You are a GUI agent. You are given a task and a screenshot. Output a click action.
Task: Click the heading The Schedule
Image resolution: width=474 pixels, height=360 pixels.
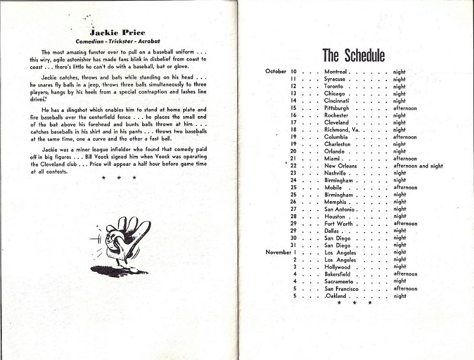354,56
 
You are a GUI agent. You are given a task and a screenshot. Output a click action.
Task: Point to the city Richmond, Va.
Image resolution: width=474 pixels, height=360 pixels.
344,129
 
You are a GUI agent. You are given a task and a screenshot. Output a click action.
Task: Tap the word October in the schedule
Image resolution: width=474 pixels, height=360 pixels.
276,71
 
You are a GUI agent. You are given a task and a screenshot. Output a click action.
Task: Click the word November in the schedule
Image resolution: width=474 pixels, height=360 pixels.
277,252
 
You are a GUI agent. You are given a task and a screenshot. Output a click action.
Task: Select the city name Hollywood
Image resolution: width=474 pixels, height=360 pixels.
338,266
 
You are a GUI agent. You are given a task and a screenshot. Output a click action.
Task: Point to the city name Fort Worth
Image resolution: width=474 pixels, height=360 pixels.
338,223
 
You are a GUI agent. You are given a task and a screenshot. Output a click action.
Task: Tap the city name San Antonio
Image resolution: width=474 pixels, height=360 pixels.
340,209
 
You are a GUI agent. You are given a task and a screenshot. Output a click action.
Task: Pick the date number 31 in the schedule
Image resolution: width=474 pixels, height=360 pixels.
293,245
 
